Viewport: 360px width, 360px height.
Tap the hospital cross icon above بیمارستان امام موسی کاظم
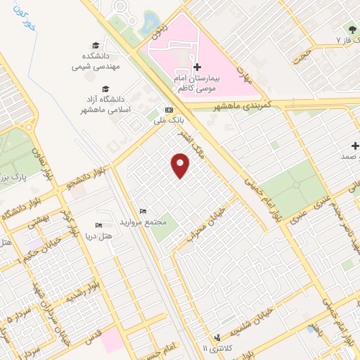[198, 66]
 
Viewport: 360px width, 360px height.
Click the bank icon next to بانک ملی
[169, 110]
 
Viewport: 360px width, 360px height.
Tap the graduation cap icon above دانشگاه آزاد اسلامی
[105, 89]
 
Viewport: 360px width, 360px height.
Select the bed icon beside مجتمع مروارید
[143, 211]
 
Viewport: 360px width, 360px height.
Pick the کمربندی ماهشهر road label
[240, 105]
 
